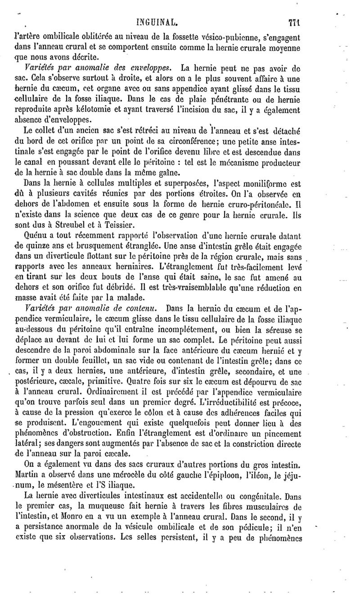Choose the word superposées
click(176, 183)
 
